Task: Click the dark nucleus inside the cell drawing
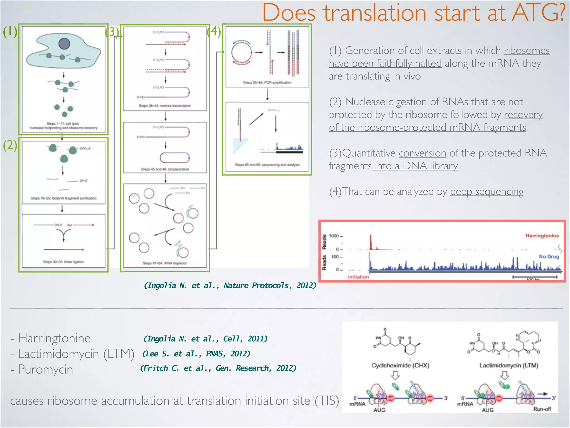pyautogui.click(x=64, y=43)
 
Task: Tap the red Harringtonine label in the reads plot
pyautogui.click(x=542, y=236)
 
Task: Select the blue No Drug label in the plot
pyautogui.click(x=549, y=256)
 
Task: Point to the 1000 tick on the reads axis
pyautogui.click(x=334, y=236)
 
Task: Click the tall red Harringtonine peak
pyautogui.click(x=371, y=242)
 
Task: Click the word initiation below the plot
pyautogui.click(x=358, y=277)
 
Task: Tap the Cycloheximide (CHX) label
pyautogui.click(x=400, y=365)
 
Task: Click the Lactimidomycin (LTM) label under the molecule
pyautogui.click(x=509, y=365)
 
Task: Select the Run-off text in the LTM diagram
pyautogui.click(x=542, y=409)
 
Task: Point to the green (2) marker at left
pyautogui.click(x=10, y=145)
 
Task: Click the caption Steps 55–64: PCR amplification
pyautogui.click(x=267, y=82)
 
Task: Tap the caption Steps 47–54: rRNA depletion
pyautogui.click(x=165, y=263)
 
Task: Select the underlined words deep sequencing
pyautogui.click(x=487, y=192)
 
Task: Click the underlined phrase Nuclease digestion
pyautogui.click(x=386, y=102)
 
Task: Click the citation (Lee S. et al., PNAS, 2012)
pyautogui.click(x=196, y=354)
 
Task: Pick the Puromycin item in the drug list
pyautogui.click(x=45, y=369)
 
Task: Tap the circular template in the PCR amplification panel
pyautogui.click(x=241, y=53)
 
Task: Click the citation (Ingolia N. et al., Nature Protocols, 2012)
pyautogui.click(x=230, y=285)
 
